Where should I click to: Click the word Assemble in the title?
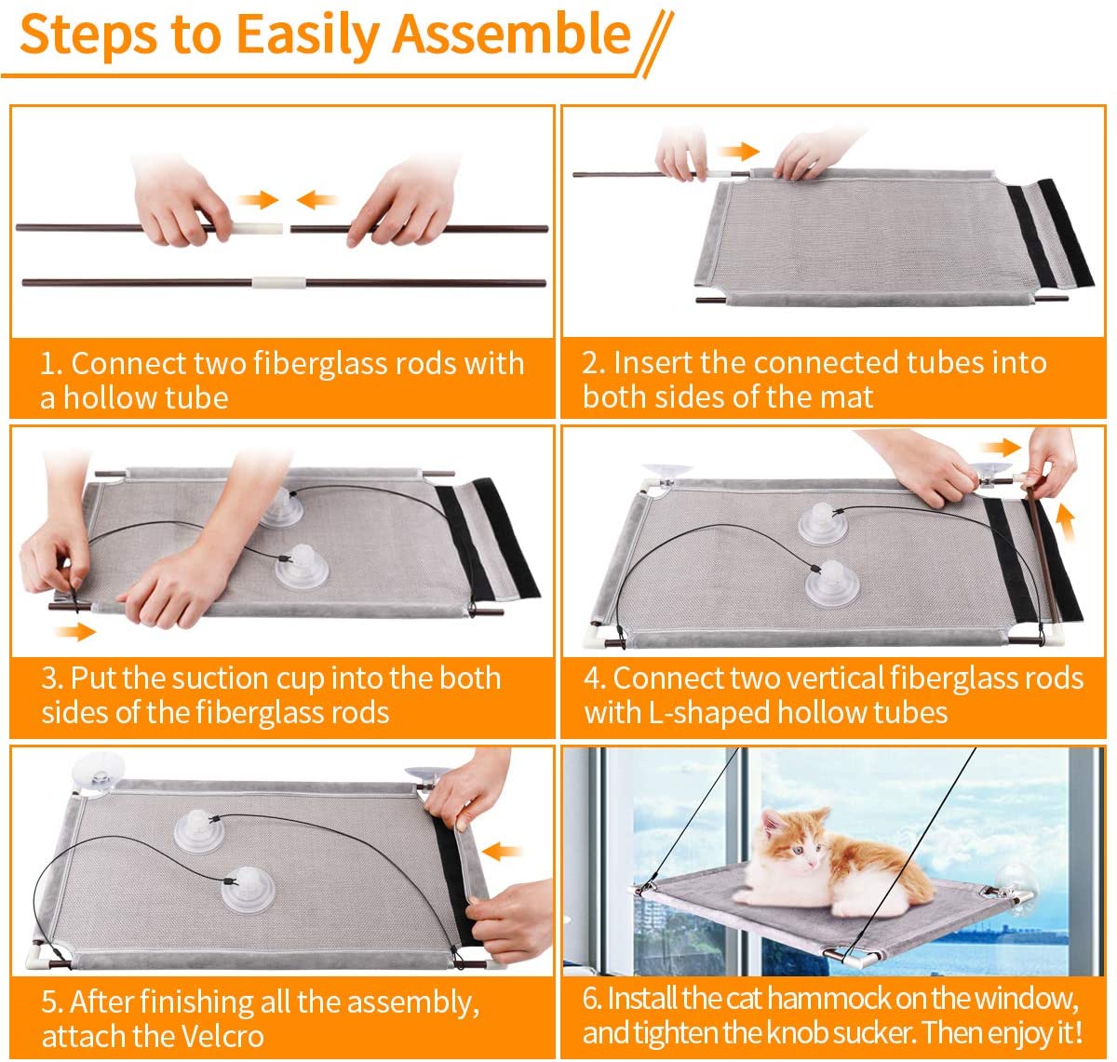point(511,34)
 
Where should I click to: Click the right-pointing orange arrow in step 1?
point(259,199)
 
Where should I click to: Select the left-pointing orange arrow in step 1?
point(316,199)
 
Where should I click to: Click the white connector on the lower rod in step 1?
point(278,282)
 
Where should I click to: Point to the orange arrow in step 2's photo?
point(738,151)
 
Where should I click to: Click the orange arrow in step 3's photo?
point(75,631)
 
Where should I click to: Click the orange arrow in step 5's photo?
point(502,851)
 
